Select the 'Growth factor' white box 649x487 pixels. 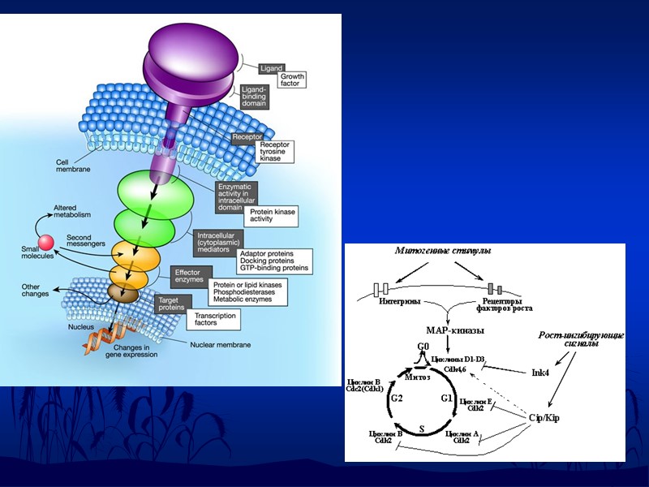291,80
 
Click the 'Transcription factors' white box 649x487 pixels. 213,319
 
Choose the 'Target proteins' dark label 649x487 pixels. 172,304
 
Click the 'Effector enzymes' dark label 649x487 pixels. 188,274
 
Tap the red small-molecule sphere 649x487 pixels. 47,242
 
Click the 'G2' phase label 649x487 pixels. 397,399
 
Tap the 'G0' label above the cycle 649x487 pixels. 423,347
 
